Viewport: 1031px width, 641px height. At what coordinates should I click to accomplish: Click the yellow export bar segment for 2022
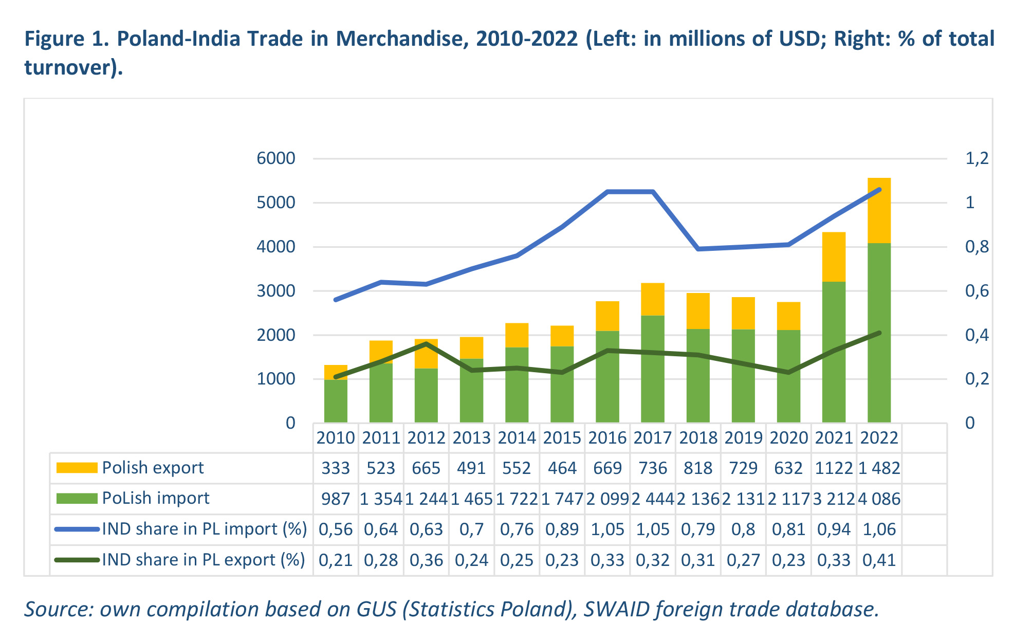click(879, 211)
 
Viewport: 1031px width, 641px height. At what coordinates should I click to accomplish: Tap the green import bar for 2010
click(336, 401)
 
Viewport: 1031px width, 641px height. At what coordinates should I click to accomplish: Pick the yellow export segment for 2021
click(834, 257)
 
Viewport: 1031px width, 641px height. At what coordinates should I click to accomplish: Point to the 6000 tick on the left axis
click(276, 158)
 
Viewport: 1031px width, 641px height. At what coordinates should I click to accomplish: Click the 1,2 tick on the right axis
click(977, 158)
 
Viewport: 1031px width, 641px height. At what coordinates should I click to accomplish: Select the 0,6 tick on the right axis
click(977, 291)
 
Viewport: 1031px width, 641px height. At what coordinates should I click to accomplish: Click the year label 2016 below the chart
click(607, 438)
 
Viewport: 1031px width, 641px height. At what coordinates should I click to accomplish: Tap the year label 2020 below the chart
click(788, 438)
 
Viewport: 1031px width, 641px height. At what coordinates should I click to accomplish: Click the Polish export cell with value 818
click(698, 468)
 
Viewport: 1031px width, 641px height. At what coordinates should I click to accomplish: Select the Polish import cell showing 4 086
click(879, 499)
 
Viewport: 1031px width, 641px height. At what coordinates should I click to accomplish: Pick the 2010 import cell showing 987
click(336, 499)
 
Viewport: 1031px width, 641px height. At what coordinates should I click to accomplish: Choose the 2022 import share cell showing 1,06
click(879, 529)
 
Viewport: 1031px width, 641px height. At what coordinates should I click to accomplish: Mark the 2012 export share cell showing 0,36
click(426, 560)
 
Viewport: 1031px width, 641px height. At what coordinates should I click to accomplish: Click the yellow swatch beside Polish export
click(77, 468)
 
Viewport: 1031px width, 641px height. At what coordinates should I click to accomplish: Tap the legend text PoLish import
click(156, 498)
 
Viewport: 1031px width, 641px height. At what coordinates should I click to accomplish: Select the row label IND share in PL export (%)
click(204, 560)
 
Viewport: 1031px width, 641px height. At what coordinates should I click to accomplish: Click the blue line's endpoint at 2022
click(879, 190)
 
